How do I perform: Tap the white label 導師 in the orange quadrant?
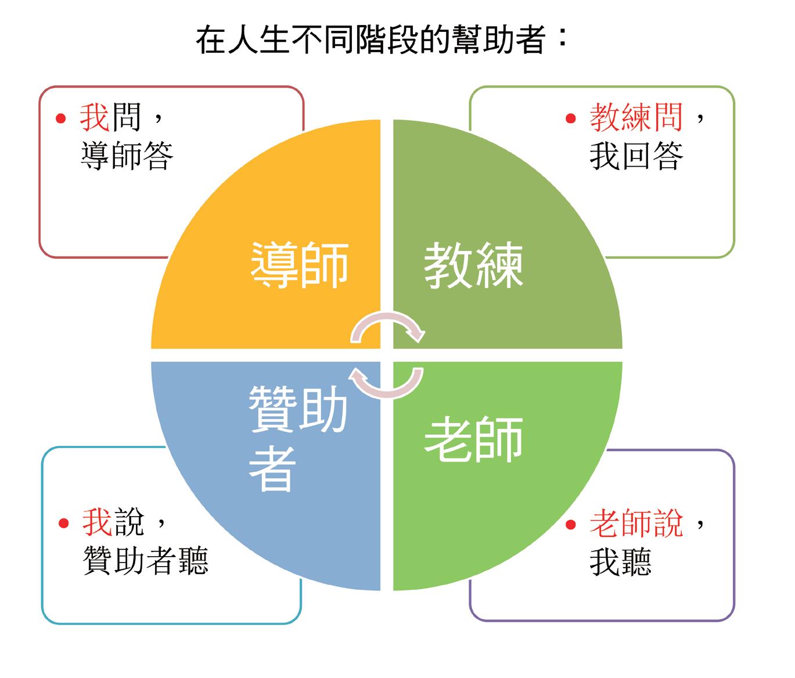tap(300, 265)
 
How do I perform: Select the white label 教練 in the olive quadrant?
tap(473, 265)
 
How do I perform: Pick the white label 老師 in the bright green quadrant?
tap(473, 439)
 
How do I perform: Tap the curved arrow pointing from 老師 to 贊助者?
tap(388, 383)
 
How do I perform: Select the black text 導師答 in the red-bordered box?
tap(127, 156)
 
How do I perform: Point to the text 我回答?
tap(636, 156)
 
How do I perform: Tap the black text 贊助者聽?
tap(145, 561)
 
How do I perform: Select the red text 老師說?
tap(636, 522)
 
